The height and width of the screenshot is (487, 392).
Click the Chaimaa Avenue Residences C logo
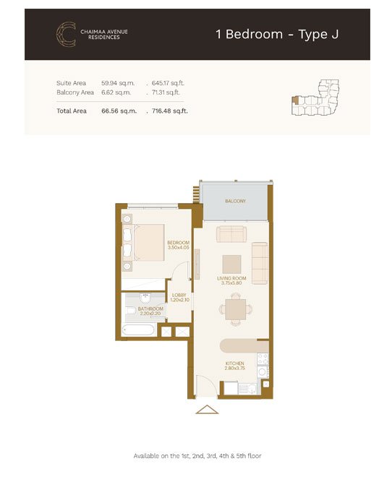click(x=66, y=34)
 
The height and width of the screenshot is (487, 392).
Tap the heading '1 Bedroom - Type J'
click(x=277, y=34)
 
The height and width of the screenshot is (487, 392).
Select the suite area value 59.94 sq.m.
click(x=118, y=83)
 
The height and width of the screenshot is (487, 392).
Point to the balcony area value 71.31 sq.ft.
click(x=166, y=92)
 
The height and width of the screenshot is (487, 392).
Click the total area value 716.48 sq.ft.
click(x=170, y=111)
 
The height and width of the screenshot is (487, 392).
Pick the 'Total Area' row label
click(x=72, y=111)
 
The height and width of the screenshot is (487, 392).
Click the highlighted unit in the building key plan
click(x=296, y=100)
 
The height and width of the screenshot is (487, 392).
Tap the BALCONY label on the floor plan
click(x=235, y=202)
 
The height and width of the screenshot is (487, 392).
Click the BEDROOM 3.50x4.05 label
click(x=178, y=245)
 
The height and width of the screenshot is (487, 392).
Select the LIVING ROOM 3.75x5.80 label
click(x=231, y=281)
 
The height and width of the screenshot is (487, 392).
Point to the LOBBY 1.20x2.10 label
click(x=179, y=298)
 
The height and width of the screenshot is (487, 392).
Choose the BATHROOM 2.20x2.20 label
click(x=150, y=311)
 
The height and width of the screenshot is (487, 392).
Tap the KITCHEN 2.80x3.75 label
click(x=235, y=366)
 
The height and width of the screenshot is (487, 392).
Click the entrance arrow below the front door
click(x=207, y=410)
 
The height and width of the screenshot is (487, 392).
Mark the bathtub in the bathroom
click(x=138, y=329)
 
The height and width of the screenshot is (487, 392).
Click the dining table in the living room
click(x=236, y=310)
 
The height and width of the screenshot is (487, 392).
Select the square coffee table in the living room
click(x=231, y=264)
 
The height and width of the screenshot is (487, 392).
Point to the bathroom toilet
click(x=131, y=311)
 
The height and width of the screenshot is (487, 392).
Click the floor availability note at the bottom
click(x=197, y=456)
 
